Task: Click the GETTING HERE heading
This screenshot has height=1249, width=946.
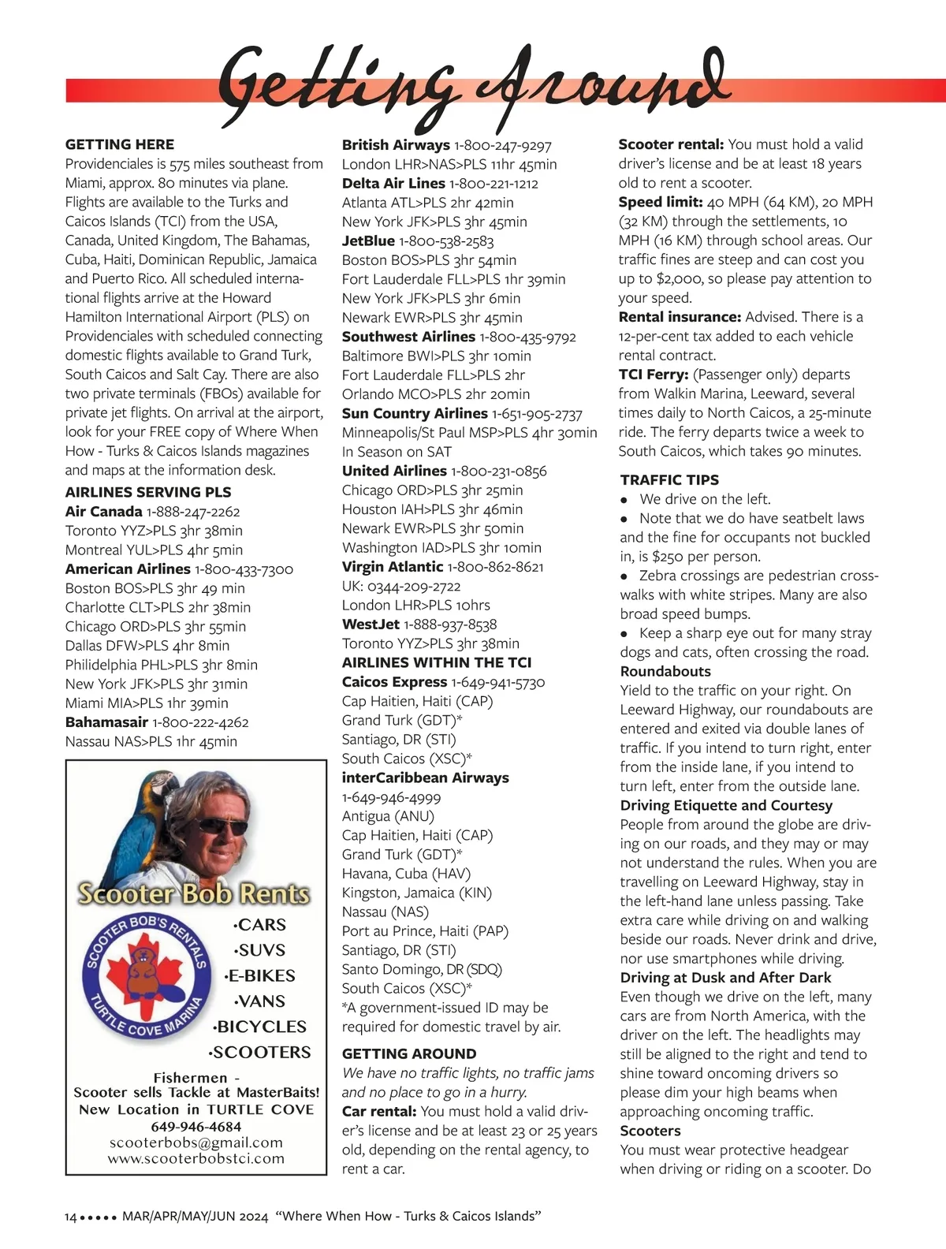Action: pos(120,144)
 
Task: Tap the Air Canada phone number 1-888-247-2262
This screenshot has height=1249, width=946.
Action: pos(193,512)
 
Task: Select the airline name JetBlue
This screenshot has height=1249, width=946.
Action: pos(368,240)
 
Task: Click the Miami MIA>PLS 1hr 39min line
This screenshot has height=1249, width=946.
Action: pos(147,703)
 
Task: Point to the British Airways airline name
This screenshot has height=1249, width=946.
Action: pos(396,145)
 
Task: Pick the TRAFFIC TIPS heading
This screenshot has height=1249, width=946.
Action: pos(669,479)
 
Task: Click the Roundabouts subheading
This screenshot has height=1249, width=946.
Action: pos(665,671)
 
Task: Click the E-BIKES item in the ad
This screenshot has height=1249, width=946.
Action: pos(260,975)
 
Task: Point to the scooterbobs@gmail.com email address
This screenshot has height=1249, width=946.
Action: pos(196,1143)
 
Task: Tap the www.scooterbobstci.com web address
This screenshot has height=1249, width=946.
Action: pos(196,1158)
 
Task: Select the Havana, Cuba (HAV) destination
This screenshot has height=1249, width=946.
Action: pos(406,874)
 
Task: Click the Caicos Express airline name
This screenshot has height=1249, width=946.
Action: pos(394,682)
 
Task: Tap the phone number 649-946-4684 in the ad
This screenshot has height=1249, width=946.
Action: pos(196,1126)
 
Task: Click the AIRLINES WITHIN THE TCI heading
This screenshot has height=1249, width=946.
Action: pos(437,662)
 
